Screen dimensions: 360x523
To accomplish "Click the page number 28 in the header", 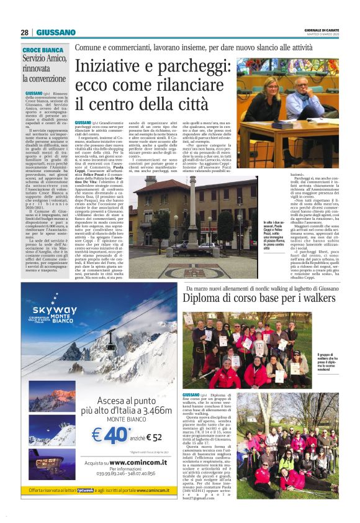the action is pos(24,32).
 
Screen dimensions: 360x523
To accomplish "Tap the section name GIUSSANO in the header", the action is pos(56,32).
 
